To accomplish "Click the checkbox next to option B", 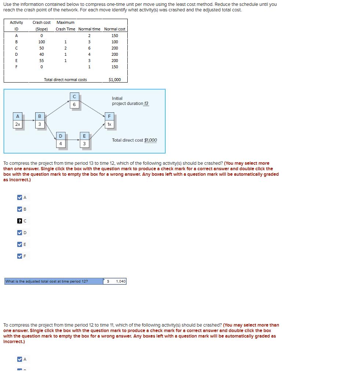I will click(x=20, y=209).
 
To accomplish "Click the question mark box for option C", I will click(x=20, y=221).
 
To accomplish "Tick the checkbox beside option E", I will click(x=20, y=244).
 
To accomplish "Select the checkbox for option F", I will click(x=20, y=256).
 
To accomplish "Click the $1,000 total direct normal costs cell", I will click(x=114, y=80).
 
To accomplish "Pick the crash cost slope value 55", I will click(x=41, y=61).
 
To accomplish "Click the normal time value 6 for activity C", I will click(x=89, y=48).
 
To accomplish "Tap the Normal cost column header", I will click(x=114, y=29).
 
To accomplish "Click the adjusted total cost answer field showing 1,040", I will click(x=117, y=281).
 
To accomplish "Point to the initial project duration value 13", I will click(x=146, y=103).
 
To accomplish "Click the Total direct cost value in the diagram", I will click(x=150, y=140).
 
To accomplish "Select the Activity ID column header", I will click(x=16, y=26).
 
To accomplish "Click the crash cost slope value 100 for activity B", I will click(x=41, y=42).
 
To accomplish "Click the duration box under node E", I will click(x=84, y=144).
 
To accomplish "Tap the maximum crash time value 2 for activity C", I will click(x=65, y=48).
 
